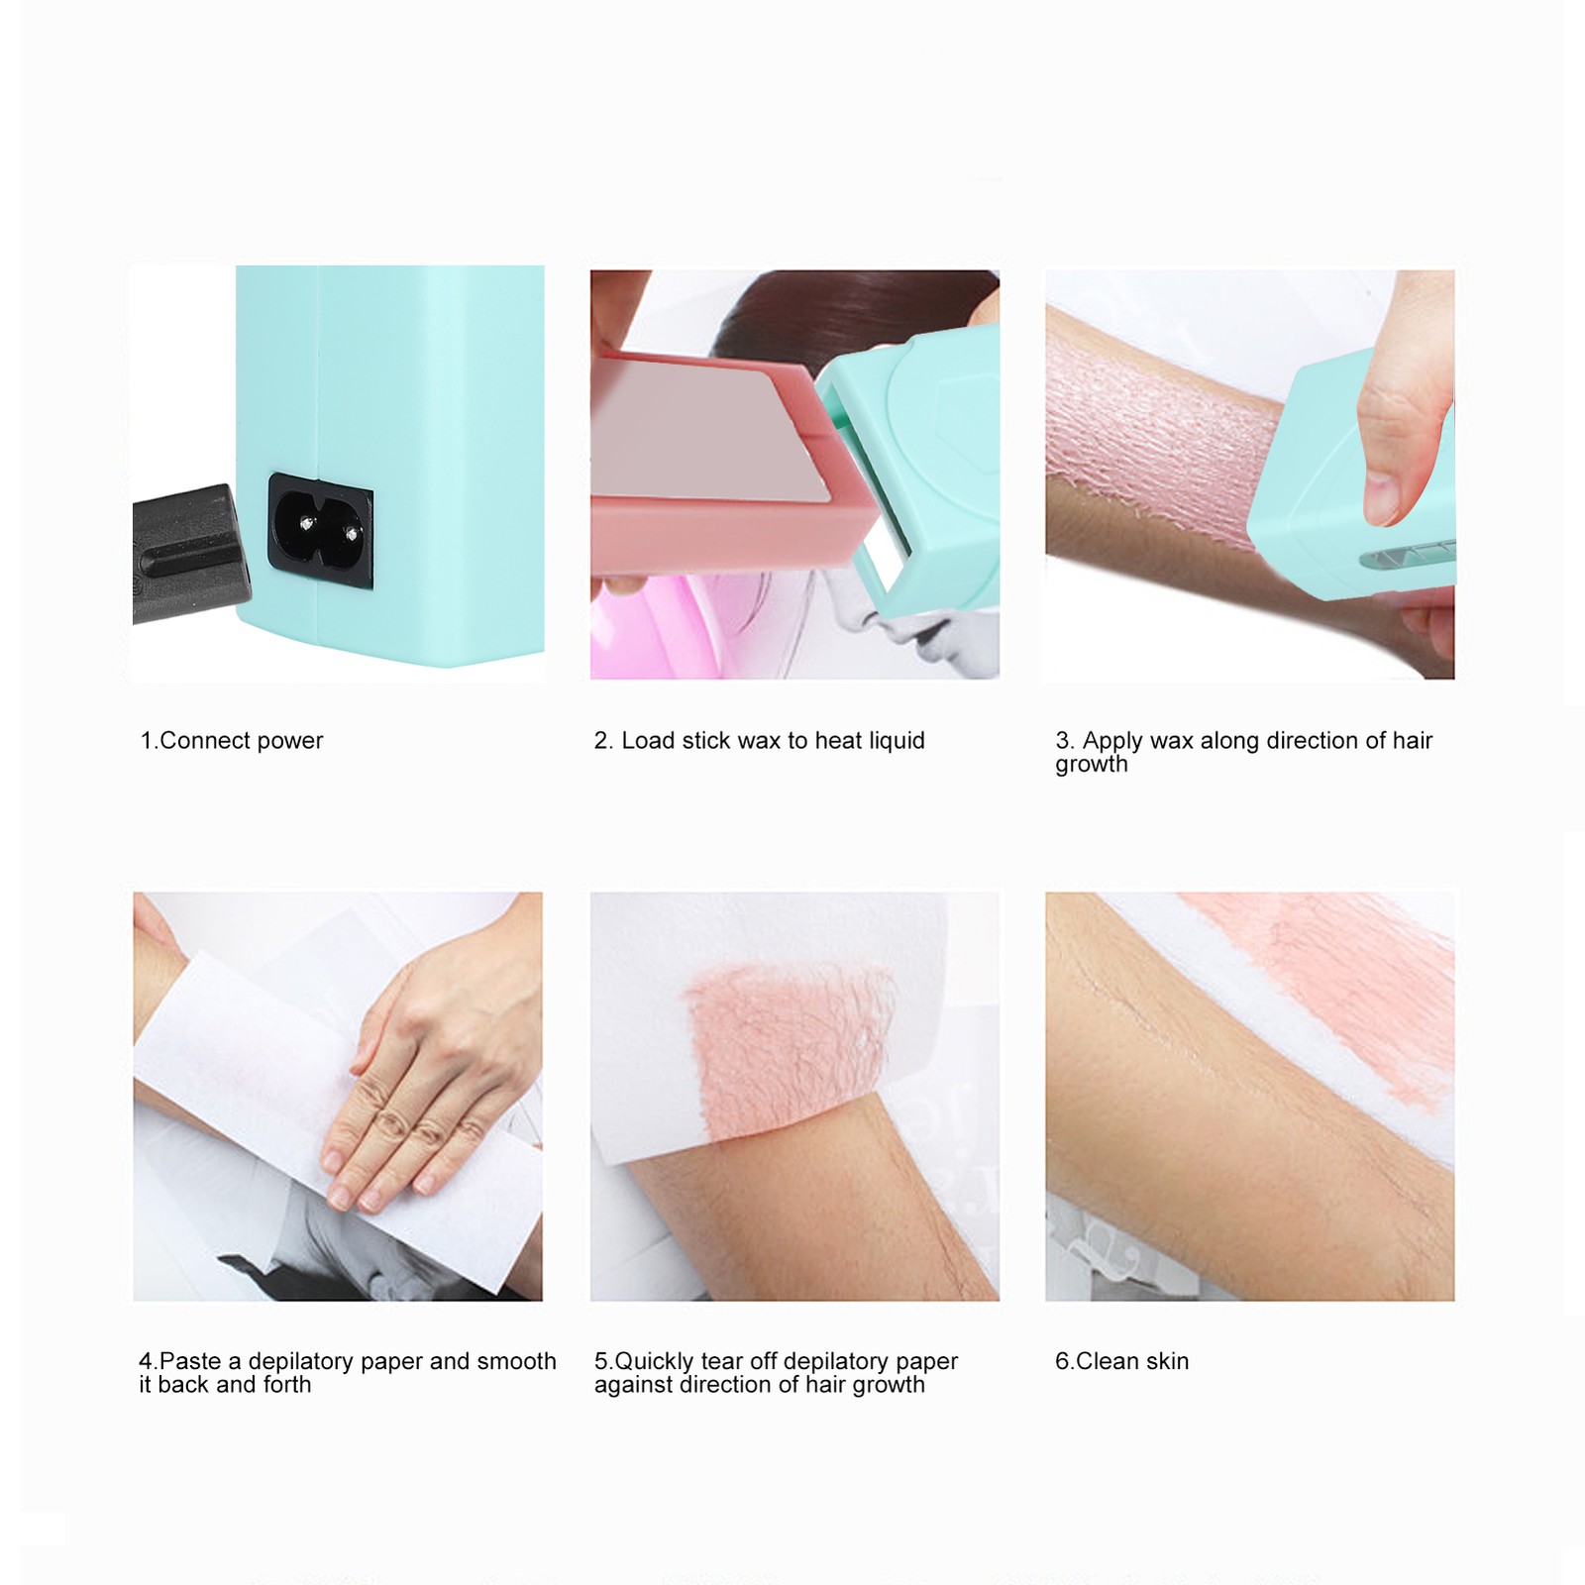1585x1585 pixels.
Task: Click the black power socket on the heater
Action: pyautogui.click(x=320, y=532)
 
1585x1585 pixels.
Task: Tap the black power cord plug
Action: pyautogui.click(x=189, y=555)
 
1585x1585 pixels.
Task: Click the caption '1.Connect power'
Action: pyautogui.click(x=232, y=741)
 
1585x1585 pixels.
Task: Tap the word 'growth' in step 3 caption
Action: pyautogui.click(x=1092, y=765)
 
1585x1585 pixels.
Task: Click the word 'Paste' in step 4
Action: pyautogui.click(x=190, y=1361)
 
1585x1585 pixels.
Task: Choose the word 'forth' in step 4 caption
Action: pyautogui.click(x=285, y=1385)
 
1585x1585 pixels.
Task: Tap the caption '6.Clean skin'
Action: pyautogui.click(x=1122, y=1361)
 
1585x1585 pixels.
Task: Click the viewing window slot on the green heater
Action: pyautogui.click(x=1407, y=555)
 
